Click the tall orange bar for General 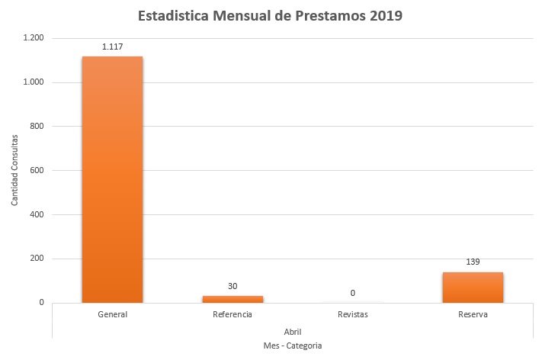[112, 179]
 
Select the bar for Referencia [233, 299]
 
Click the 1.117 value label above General [112, 47]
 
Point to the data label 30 [233, 286]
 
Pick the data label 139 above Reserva [472, 262]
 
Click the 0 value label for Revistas [352, 293]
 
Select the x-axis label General [112, 314]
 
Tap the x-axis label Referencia [233, 314]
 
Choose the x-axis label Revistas [352, 314]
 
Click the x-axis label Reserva [473, 314]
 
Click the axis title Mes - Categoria [293, 346]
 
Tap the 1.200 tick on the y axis [33, 38]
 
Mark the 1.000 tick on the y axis [33, 82]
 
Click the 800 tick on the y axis [37, 127]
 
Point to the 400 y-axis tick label [37, 215]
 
